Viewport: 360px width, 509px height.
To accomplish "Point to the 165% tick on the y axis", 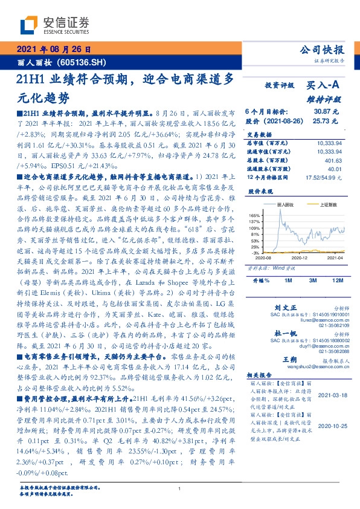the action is click(254, 215).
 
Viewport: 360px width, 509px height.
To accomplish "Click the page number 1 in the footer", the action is click(180, 488).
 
